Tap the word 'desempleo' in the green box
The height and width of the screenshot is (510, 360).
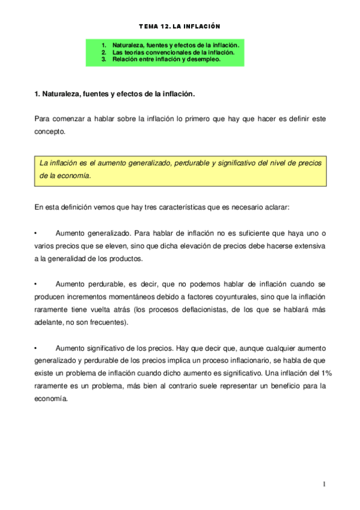(206, 60)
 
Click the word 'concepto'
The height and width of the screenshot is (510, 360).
(50, 131)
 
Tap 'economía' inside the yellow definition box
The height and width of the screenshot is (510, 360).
(74, 176)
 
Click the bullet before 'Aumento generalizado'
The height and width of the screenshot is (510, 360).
(37, 233)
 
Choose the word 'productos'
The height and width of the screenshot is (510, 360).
(124, 258)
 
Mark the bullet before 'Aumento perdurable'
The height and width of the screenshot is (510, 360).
(37, 283)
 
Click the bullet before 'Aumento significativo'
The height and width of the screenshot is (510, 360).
(37, 348)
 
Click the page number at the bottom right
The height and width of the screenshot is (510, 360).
(323, 484)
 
